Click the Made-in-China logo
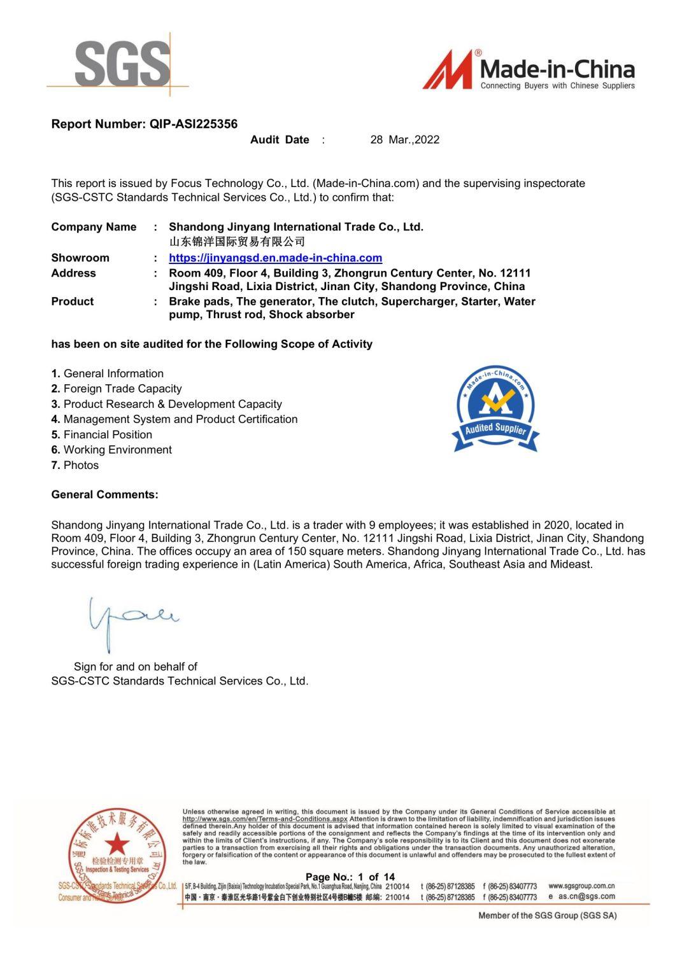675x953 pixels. (529, 71)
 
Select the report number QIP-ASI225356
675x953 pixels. (193, 124)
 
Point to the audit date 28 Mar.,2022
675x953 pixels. (405, 140)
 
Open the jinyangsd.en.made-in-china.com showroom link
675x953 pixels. (275, 258)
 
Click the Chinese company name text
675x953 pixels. (237, 242)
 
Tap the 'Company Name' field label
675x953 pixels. (94, 227)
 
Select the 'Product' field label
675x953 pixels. (73, 302)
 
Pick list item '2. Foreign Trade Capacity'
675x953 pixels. (117, 389)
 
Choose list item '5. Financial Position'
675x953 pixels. (102, 435)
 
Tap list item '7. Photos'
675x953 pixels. (75, 466)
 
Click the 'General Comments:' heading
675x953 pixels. (105, 495)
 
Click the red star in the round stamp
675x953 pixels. (117, 844)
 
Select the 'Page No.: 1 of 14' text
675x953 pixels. (350, 877)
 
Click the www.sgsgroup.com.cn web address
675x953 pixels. (581, 886)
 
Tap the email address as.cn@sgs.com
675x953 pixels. (586, 896)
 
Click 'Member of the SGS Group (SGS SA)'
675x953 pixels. (548, 915)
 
